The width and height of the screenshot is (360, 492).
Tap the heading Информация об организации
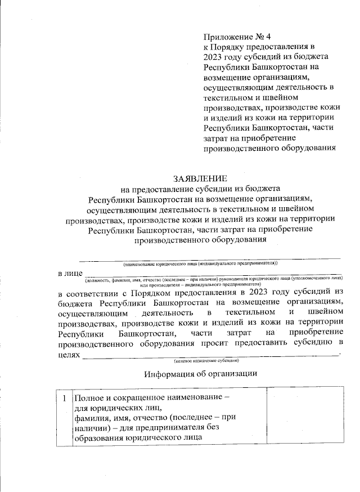pyautogui.click(x=200, y=374)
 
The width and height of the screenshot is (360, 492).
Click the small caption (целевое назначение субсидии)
pyautogui.click(x=206, y=360)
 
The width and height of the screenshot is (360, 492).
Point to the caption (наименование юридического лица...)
pyautogui.click(x=200, y=263)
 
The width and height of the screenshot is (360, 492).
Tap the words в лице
pyautogui.click(x=70, y=273)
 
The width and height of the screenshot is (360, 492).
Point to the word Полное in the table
pyautogui.click(x=89, y=397)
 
